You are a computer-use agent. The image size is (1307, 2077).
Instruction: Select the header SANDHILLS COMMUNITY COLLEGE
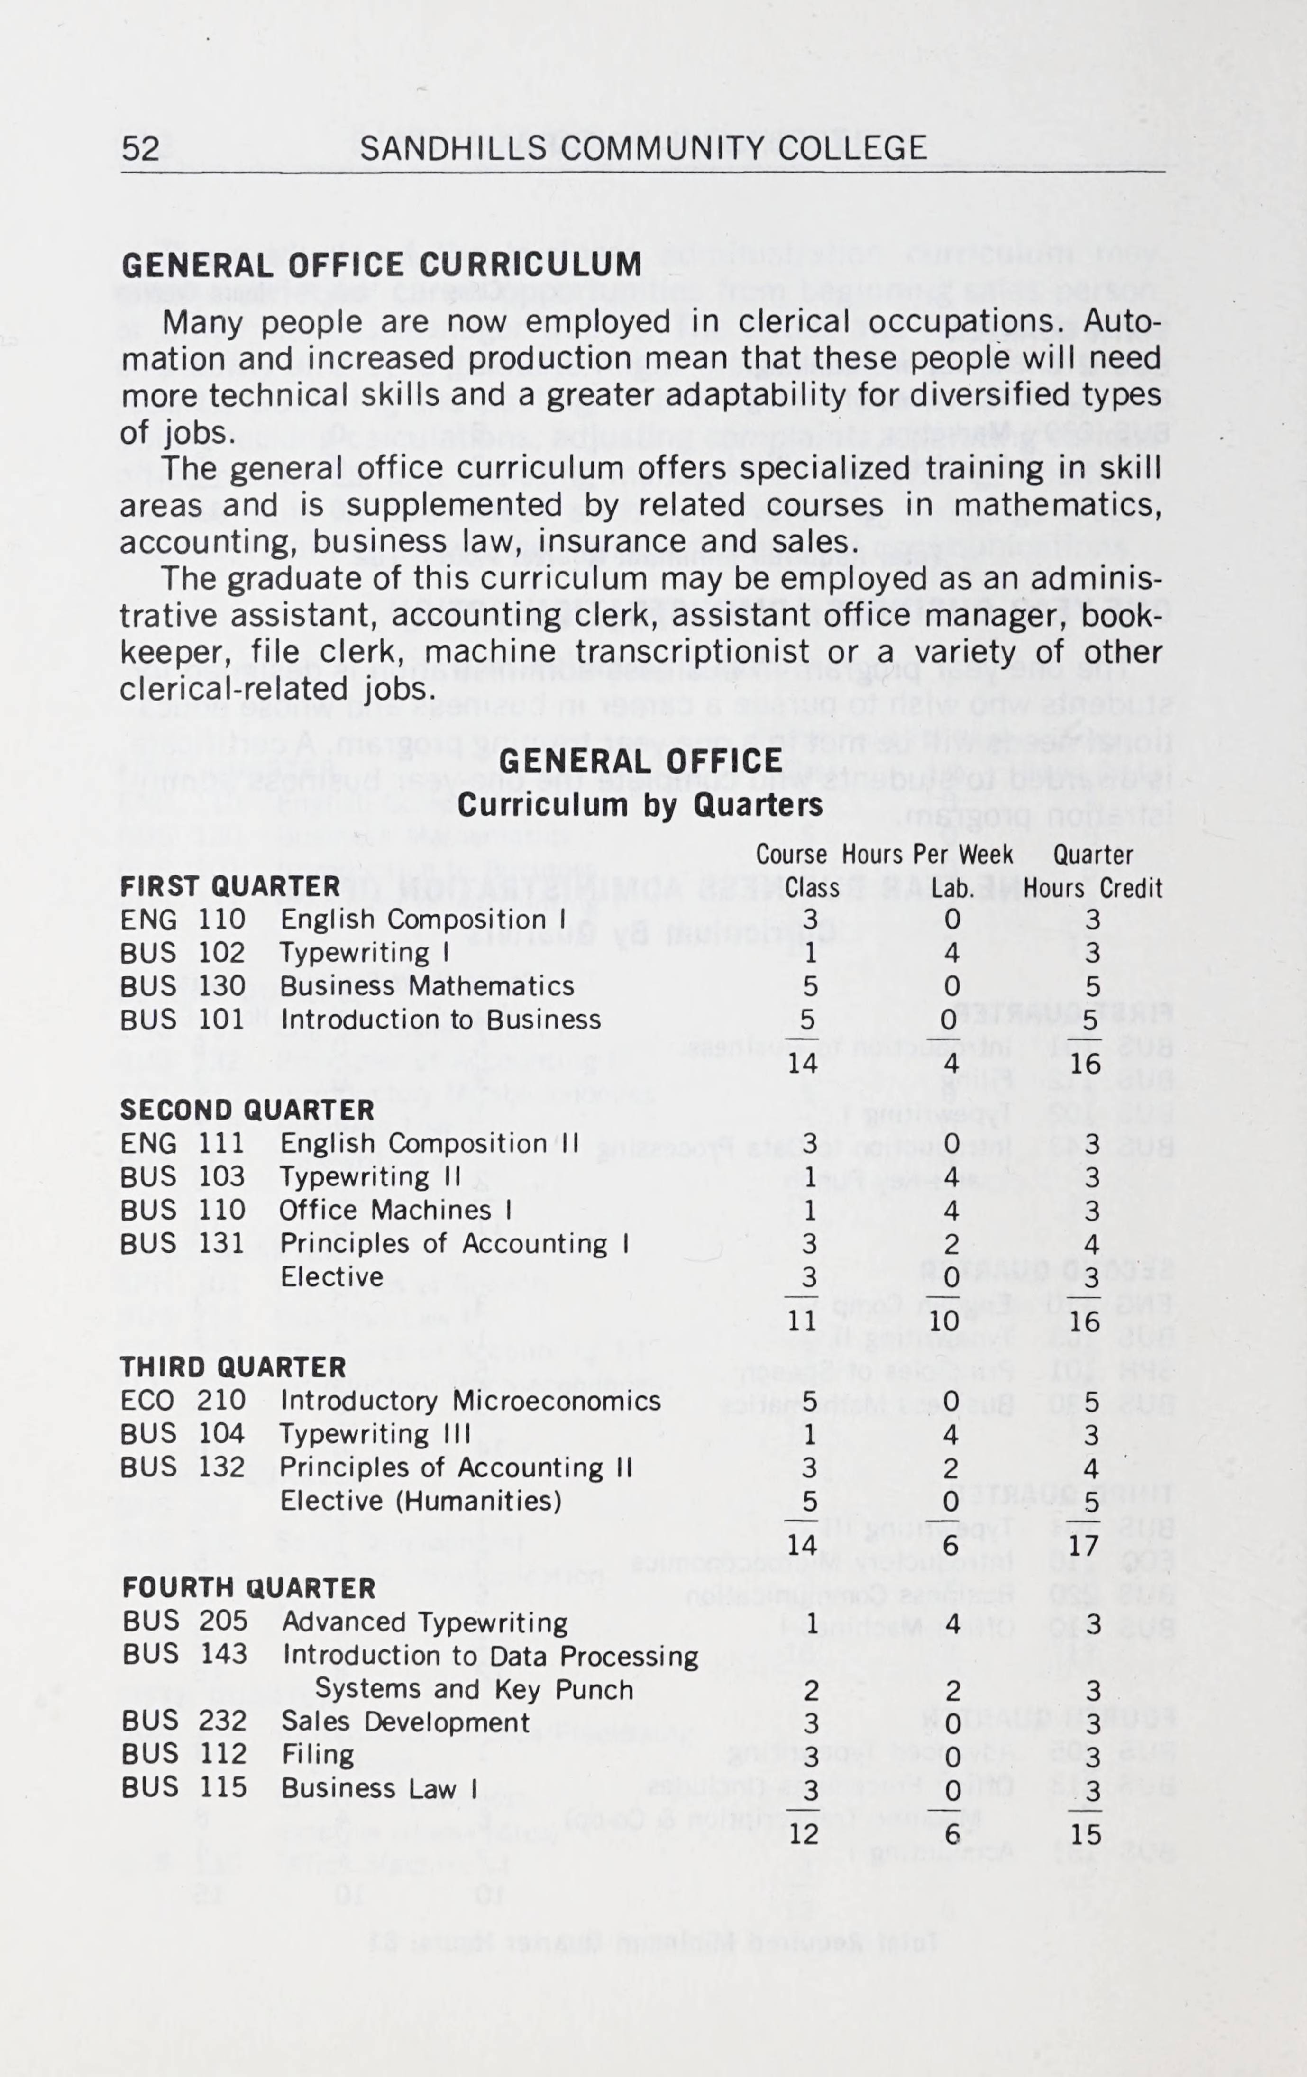pyautogui.click(x=643, y=149)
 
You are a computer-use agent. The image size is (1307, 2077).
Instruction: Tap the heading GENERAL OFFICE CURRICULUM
pyautogui.click(x=381, y=265)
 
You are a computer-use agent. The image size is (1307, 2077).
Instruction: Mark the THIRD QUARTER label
pyautogui.click(x=233, y=1367)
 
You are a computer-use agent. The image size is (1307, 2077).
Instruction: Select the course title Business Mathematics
pyautogui.click(x=427, y=986)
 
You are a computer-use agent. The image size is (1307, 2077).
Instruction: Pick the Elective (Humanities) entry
pyautogui.click(x=421, y=1501)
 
